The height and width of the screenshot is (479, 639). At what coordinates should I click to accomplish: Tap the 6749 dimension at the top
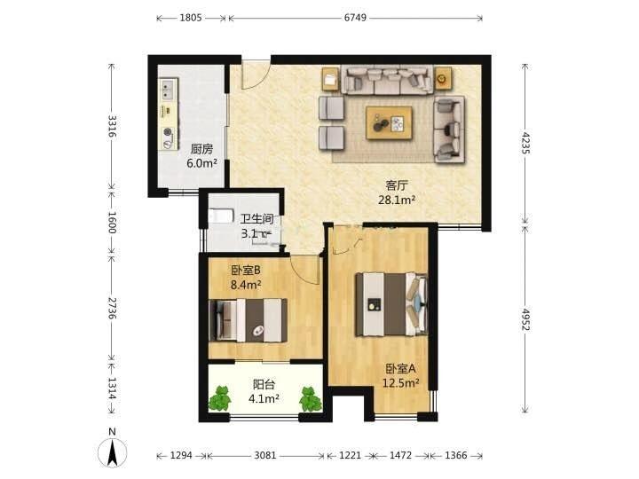point(355,18)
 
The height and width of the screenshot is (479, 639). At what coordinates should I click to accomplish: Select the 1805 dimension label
point(191,18)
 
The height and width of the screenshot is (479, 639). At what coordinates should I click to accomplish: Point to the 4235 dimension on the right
point(525,143)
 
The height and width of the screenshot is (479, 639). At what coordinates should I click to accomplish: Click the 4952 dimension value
point(525,319)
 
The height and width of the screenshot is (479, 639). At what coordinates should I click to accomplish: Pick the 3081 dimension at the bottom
point(265,455)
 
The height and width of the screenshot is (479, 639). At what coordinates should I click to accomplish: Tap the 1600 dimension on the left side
point(112,222)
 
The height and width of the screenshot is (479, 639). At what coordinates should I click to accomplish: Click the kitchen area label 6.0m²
point(201,163)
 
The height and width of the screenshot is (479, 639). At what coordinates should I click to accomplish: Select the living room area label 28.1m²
point(397,200)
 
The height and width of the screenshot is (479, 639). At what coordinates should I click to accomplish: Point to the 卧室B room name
point(246,270)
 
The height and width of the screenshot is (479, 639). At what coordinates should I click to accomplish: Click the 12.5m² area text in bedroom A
point(400,383)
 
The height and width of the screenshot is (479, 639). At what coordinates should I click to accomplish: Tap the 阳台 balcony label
point(264,384)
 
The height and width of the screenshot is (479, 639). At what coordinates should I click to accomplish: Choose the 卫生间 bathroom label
point(256,219)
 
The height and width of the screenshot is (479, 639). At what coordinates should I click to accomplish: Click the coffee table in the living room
point(389,122)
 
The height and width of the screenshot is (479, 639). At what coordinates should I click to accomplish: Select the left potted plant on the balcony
point(220,399)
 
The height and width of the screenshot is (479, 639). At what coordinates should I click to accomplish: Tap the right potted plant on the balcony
point(310,399)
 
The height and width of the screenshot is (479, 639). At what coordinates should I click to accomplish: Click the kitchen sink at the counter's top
point(168,90)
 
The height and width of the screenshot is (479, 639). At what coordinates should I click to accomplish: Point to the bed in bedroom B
point(248,320)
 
